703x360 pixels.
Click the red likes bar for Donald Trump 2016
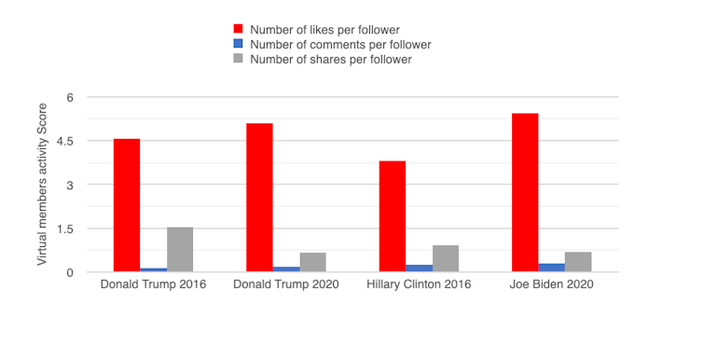(127, 205)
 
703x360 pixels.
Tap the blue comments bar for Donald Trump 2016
(153, 270)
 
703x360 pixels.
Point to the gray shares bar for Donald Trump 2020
(313, 262)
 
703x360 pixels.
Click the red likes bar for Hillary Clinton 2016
(393, 216)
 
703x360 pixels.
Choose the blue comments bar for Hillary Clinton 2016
(419, 269)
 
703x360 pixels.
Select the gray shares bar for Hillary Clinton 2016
(446, 258)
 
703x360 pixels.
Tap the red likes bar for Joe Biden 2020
(525, 192)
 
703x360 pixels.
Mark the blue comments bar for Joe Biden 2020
(551, 268)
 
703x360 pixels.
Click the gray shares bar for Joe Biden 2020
(578, 262)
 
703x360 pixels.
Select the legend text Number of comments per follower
(340, 44)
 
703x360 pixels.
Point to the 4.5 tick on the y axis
(70, 141)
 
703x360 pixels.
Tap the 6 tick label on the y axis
(68, 97)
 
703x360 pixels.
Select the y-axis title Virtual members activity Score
(42, 185)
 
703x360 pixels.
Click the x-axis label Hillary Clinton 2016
(419, 284)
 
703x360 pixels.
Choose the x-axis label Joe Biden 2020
(552, 284)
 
